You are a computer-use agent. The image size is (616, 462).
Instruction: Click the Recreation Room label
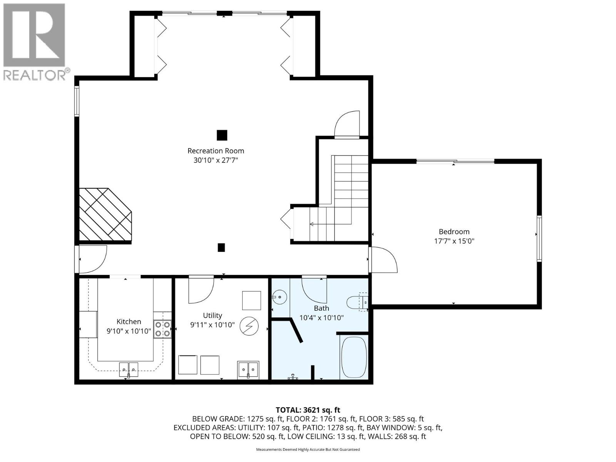pyautogui.click(x=216, y=151)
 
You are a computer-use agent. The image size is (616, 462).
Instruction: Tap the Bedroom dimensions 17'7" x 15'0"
pyautogui.click(x=454, y=241)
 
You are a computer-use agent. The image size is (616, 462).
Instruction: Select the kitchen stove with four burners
pyautogui.click(x=162, y=330)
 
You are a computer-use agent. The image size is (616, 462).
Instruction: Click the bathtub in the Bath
pyautogui.click(x=354, y=358)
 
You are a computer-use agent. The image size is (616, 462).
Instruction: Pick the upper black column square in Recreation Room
pyautogui.click(x=222, y=135)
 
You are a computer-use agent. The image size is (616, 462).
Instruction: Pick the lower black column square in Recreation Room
pyautogui.click(x=221, y=248)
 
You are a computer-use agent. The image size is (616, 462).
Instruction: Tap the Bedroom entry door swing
pyautogui.click(x=383, y=260)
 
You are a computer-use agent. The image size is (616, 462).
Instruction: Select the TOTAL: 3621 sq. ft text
pyautogui.click(x=308, y=410)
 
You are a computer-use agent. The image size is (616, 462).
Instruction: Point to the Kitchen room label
pyautogui.click(x=129, y=321)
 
